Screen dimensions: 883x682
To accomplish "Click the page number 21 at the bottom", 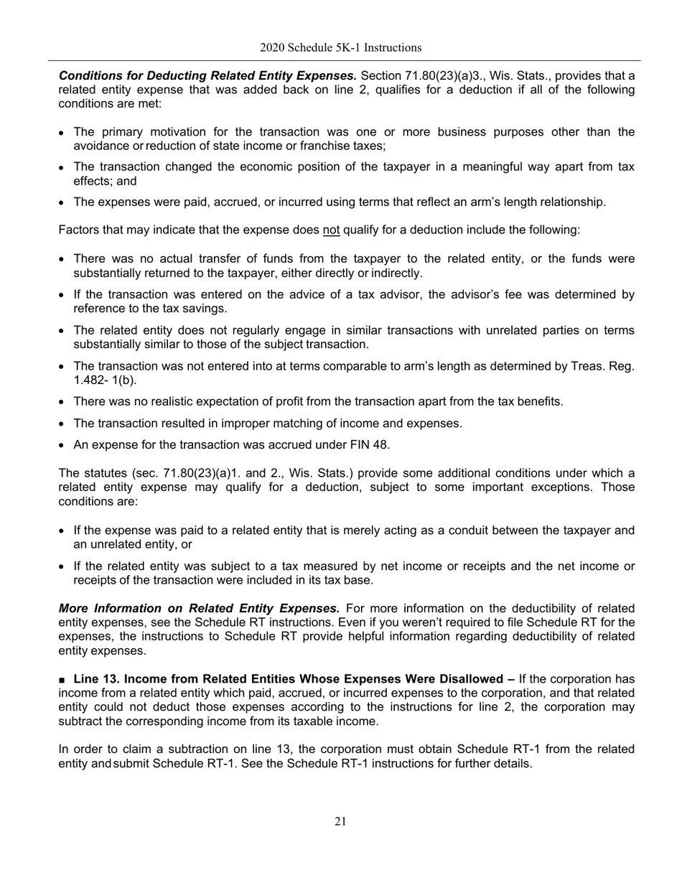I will [340, 821].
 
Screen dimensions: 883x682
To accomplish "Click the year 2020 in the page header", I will [274, 48].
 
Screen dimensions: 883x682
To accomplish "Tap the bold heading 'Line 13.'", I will [98, 679].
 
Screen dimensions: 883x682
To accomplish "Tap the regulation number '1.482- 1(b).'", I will [105, 380].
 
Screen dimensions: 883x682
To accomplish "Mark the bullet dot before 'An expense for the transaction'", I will [63, 446].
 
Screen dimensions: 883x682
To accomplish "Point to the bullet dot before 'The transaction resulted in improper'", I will [63, 424].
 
